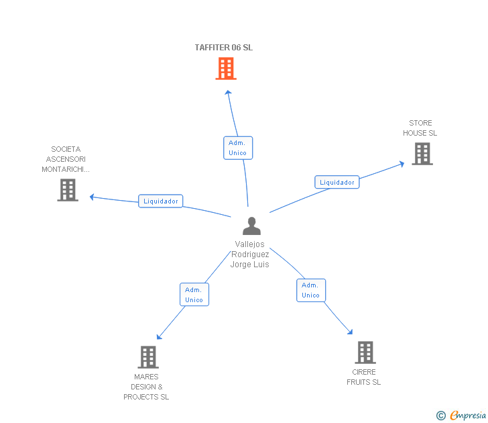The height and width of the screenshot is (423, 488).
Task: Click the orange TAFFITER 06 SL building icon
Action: [x=226, y=68]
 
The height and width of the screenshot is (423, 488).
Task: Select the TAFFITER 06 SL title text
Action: [x=224, y=48]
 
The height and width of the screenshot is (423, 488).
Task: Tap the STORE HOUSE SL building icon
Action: [x=422, y=154]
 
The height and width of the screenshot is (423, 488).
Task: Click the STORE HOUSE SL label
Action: [x=420, y=128]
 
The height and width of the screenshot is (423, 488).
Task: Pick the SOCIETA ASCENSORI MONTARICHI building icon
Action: [x=68, y=190]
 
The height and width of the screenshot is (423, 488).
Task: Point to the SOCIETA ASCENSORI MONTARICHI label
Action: [x=66, y=159]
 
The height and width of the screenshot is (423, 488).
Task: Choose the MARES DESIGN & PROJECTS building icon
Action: [x=148, y=357]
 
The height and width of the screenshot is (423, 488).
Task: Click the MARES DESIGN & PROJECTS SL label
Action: [x=146, y=387]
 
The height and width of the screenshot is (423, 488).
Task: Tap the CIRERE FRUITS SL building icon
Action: [x=365, y=352]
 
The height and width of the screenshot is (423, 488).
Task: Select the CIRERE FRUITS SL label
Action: [x=363, y=377]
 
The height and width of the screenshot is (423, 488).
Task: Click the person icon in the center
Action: [x=251, y=226]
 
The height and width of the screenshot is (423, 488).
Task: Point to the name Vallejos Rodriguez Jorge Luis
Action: [x=250, y=254]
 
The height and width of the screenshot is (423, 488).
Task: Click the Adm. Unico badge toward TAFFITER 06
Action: [x=237, y=148]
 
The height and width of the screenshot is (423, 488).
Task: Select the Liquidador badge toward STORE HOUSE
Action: [x=337, y=182]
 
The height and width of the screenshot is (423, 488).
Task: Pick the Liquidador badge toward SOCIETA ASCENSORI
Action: [x=161, y=201]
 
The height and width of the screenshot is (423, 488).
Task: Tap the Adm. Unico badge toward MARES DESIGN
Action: [x=194, y=295]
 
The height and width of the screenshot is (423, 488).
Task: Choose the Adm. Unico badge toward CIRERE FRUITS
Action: [x=310, y=290]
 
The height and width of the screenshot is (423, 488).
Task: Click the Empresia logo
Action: [x=468, y=416]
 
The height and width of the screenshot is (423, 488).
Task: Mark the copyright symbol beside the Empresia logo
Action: [x=441, y=416]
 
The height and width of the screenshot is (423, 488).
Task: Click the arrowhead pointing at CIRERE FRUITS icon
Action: [x=350, y=331]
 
